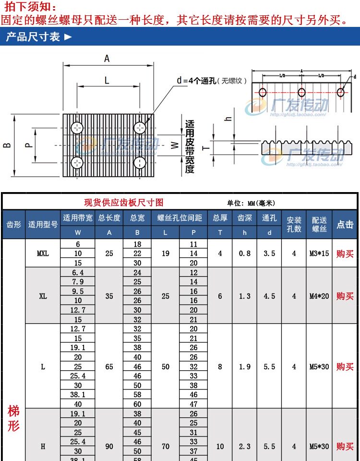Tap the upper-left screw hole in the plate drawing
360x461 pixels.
pos(77,128)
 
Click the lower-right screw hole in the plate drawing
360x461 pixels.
pos(140,162)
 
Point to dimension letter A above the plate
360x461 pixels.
pos(107,59)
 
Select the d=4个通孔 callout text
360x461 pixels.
pos(197,81)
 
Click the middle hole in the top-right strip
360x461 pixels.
pos(301,92)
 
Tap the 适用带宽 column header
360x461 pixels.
pos(78,218)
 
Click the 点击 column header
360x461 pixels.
pos(345,224)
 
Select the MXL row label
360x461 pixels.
pos(43,253)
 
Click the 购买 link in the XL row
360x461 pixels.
pos(345,296)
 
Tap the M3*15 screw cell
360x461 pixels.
pos(319,253)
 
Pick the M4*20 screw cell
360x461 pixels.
pos(319,296)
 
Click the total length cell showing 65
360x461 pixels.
pos(109,366)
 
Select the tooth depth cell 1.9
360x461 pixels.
pos(245,366)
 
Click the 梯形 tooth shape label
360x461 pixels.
pos(13,418)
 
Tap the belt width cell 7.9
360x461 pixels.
pos(78,282)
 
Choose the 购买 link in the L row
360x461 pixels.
pos(345,366)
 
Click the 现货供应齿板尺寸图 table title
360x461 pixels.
pos(124,202)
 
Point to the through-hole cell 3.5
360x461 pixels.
pos(269,253)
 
